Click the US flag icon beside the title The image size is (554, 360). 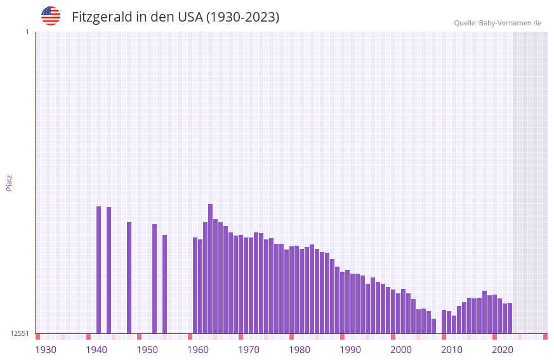coord(51,16)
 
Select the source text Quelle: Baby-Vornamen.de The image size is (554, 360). coord(498,23)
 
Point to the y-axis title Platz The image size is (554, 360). coord(9,182)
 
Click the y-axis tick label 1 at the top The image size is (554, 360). coord(27,32)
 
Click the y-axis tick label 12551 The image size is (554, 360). coord(20,333)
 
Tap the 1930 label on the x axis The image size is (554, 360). coord(46,350)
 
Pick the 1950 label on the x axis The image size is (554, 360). coord(147,350)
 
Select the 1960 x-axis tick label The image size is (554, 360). coord(198,350)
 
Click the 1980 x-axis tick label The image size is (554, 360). coord(300,350)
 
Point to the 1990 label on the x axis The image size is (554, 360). coord(350,350)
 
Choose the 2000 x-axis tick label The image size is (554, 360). coord(401,350)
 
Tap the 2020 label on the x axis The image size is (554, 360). coord(503,350)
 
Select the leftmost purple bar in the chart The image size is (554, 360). coord(99,270)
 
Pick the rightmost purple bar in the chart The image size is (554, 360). coord(510,318)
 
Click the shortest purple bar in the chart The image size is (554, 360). coord(434,326)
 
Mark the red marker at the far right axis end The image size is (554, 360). coord(545,337)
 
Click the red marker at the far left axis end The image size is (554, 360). coord(37,337)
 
